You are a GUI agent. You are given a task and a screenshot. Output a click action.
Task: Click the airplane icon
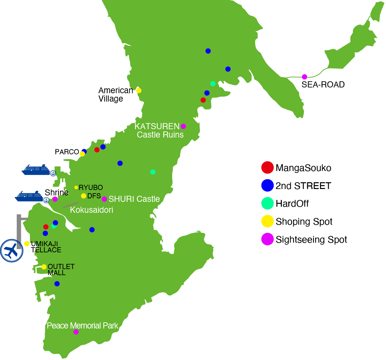(x=12, y=250)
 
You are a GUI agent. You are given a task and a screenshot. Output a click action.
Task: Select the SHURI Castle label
(x=134, y=199)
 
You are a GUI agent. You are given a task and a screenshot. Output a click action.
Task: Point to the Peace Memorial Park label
(x=82, y=326)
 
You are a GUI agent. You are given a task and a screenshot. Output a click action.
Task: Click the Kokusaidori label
(x=91, y=210)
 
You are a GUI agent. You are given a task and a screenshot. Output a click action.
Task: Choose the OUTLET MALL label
(x=61, y=270)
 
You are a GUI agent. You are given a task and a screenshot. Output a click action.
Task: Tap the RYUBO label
(x=91, y=187)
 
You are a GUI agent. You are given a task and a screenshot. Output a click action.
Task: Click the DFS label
(x=94, y=196)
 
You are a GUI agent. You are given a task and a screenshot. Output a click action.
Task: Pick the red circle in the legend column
(x=267, y=167)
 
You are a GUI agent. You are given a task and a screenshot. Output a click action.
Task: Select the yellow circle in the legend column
(x=267, y=221)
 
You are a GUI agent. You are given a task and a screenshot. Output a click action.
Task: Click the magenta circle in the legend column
(x=267, y=239)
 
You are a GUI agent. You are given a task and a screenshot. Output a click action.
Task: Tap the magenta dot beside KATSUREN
(x=183, y=126)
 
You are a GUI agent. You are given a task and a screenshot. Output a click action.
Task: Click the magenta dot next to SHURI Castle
(x=104, y=199)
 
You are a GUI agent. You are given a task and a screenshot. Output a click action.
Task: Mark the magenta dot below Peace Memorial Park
(x=76, y=332)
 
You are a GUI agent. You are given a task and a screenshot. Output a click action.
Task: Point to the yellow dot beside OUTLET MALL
(x=44, y=267)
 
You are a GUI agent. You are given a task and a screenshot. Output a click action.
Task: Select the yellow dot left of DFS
(x=84, y=196)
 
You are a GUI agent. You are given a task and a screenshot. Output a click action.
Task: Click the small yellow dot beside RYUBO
(x=76, y=187)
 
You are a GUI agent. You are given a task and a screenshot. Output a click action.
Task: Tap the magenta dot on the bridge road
(x=304, y=77)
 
